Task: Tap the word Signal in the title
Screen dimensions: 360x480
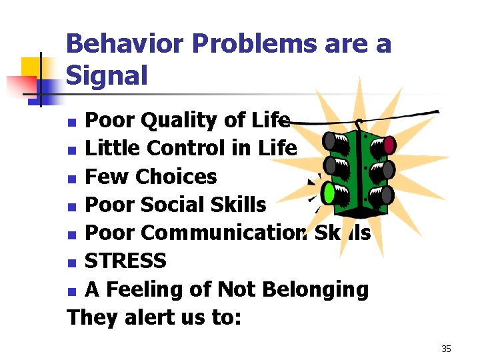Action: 107,75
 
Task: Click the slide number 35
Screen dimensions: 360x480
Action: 446,348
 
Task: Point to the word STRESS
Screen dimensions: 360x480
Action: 125,261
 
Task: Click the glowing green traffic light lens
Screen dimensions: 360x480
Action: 329,193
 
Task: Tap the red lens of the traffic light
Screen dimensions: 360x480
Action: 389,144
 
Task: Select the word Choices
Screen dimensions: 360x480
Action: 175,177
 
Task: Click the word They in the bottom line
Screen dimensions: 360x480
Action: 91,317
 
